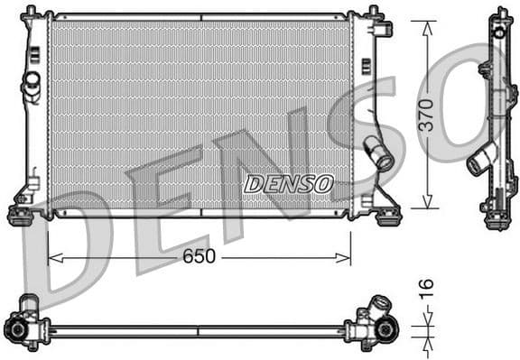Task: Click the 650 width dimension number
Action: point(199,257)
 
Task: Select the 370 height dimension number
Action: point(425,115)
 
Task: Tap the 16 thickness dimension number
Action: point(426,288)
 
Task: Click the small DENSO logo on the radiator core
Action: point(288,184)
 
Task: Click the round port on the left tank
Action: point(32,82)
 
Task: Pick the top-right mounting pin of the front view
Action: point(372,13)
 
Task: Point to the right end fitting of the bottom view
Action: point(381,327)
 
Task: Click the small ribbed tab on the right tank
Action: point(366,66)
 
